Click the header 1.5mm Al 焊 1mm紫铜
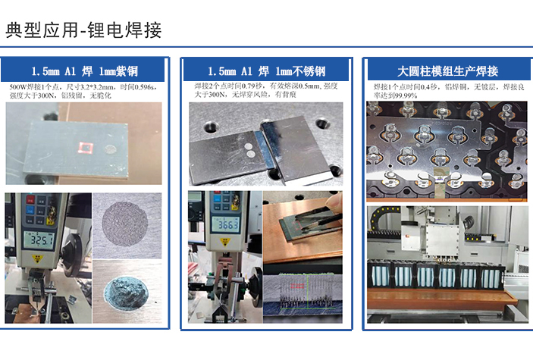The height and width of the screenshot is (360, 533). (x=83, y=71)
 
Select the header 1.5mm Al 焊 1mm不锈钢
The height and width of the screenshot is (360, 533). (x=266, y=71)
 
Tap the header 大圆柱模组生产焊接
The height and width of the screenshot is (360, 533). (x=447, y=71)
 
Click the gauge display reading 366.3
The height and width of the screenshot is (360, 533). (x=223, y=226)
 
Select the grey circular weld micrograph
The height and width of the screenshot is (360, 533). (x=127, y=224)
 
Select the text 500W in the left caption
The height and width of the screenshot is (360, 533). (x=18, y=87)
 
